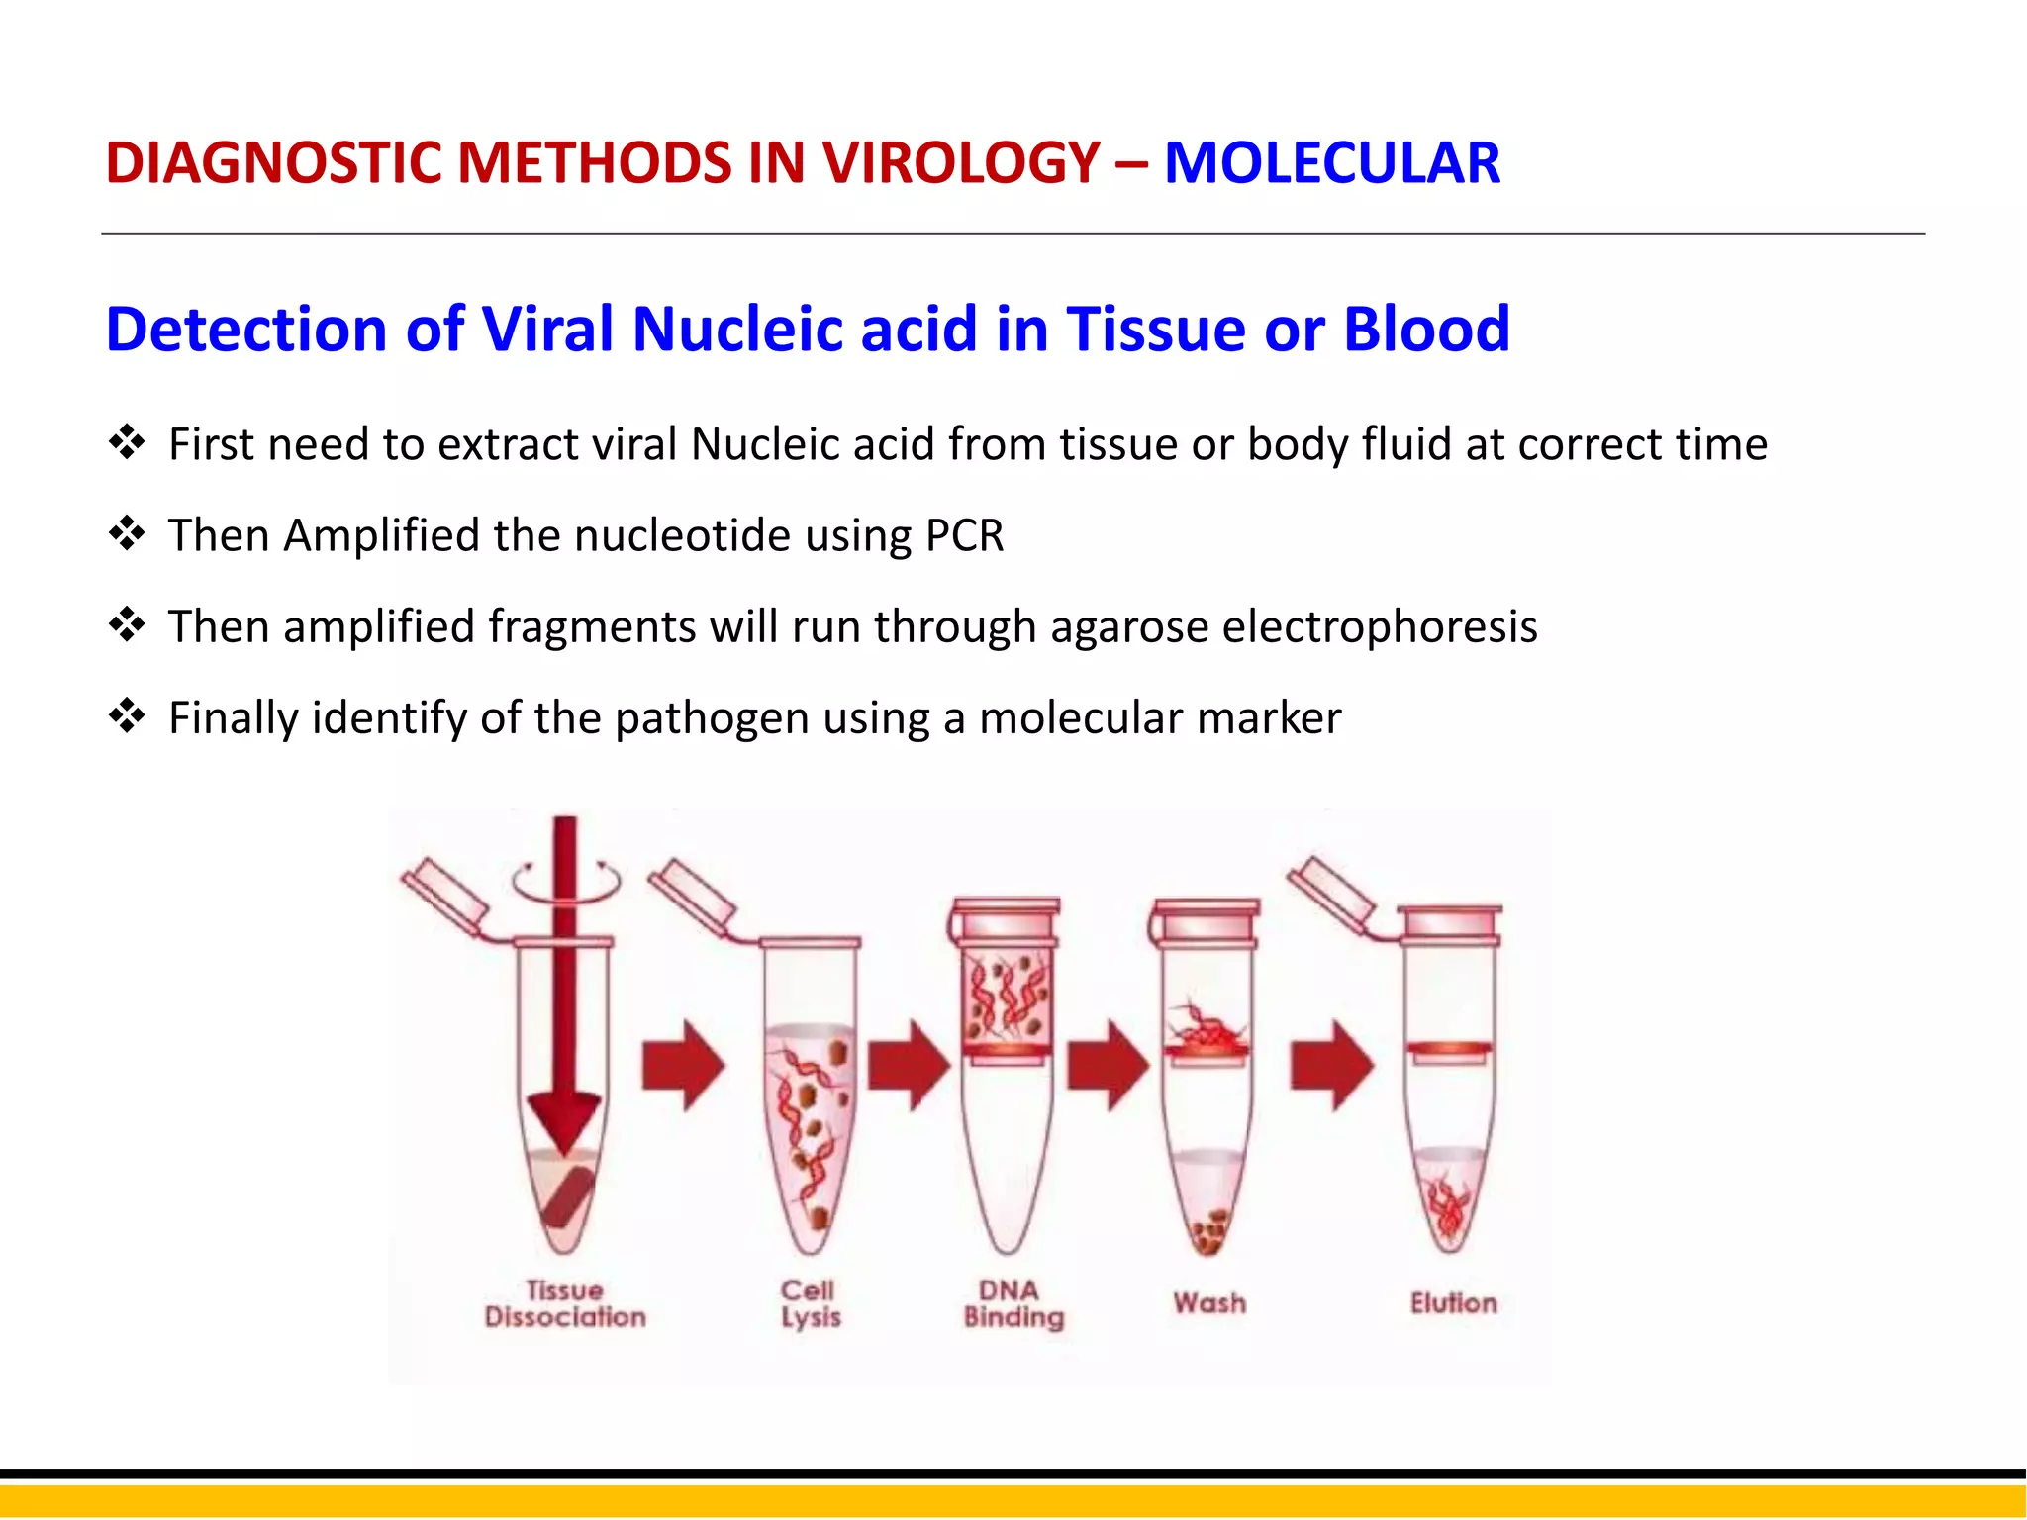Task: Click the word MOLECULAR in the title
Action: tap(1331, 163)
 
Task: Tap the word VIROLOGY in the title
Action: tap(960, 163)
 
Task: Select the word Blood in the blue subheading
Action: tap(1426, 329)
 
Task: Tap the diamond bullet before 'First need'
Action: tap(127, 441)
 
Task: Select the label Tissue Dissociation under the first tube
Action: tap(565, 1304)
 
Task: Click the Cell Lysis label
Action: tap(810, 1304)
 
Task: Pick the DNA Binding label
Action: tap(1013, 1304)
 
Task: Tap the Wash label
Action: tap(1209, 1303)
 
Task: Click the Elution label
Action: tap(1453, 1303)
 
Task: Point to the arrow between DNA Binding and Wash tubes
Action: tap(1108, 1066)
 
